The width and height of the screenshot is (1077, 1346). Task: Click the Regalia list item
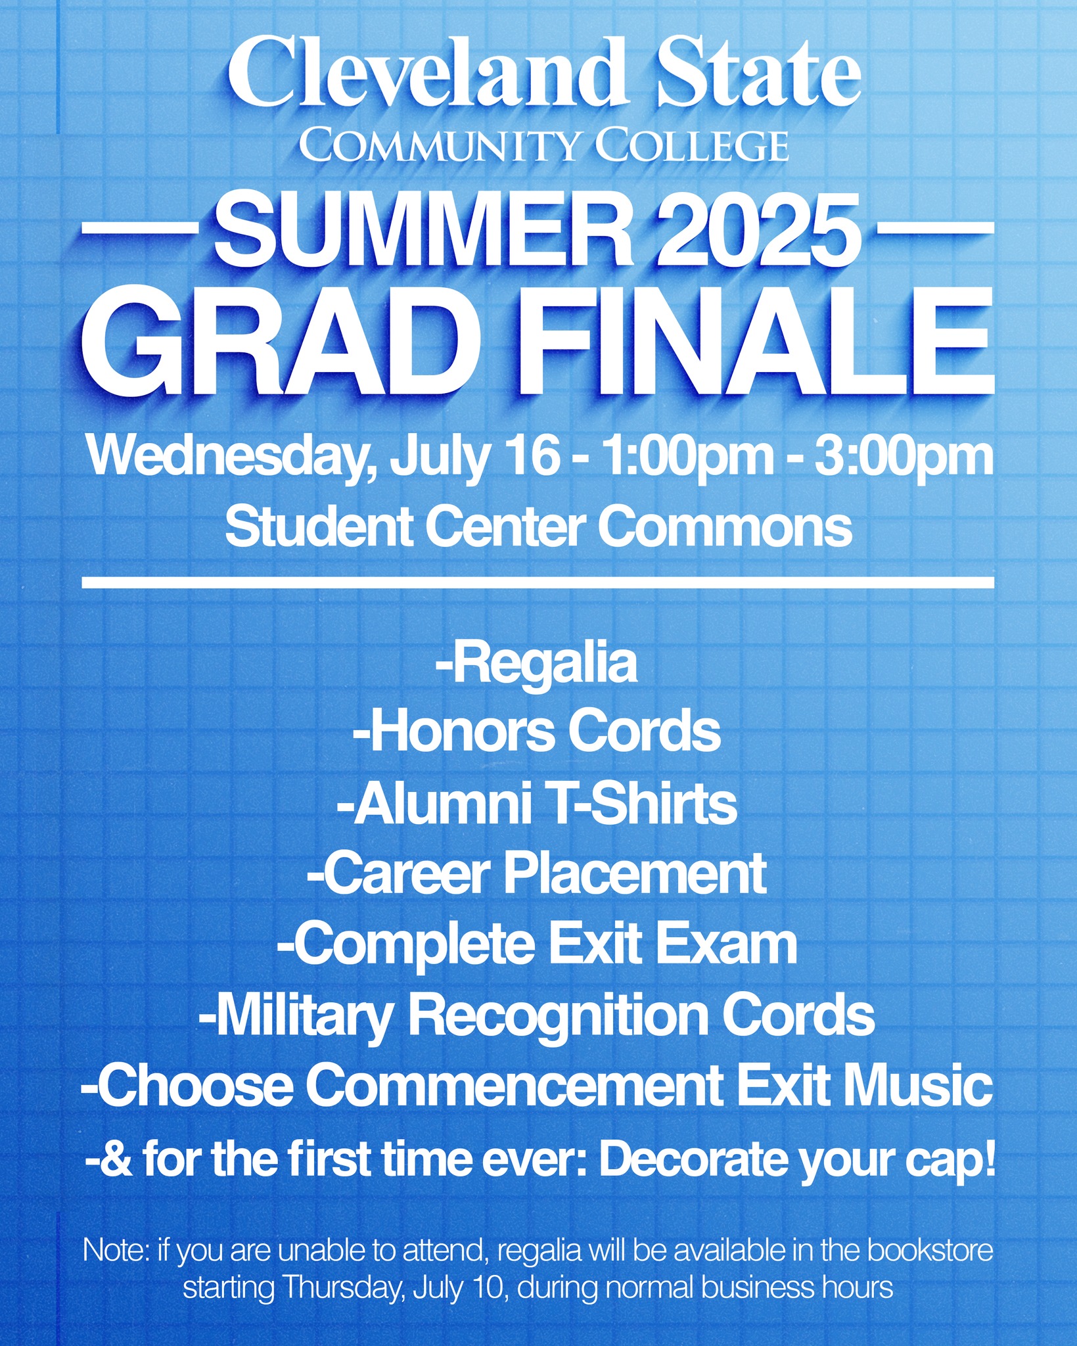click(x=536, y=665)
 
